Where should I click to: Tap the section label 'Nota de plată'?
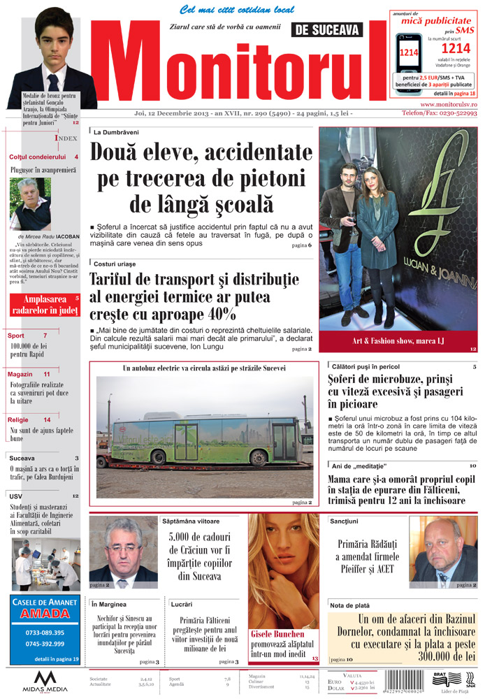click(x=350, y=605)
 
